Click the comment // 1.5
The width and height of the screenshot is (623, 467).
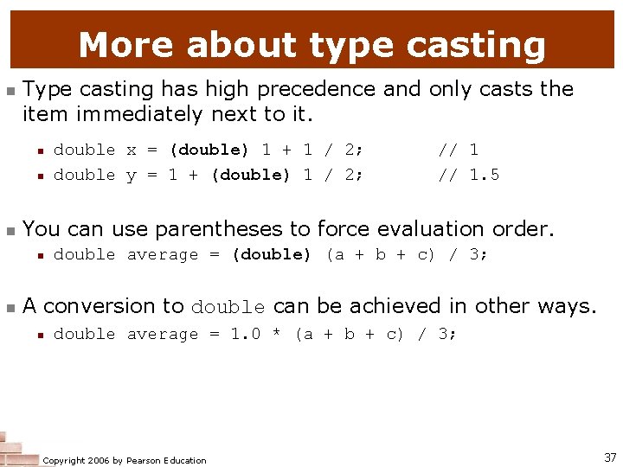[x=468, y=175]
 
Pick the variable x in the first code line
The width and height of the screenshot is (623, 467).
[x=132, y=150]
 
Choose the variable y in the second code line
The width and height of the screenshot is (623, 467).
[x=132, y=176]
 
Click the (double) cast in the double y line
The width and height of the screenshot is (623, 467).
[x=250, y=175]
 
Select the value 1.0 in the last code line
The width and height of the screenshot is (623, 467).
[x=245, y=334]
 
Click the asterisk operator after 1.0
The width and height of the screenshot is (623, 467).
[x=277, y=335]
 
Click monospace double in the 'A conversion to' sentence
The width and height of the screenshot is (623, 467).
[x=228, y=308]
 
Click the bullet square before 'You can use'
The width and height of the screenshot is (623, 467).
[x=10, y=230]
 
